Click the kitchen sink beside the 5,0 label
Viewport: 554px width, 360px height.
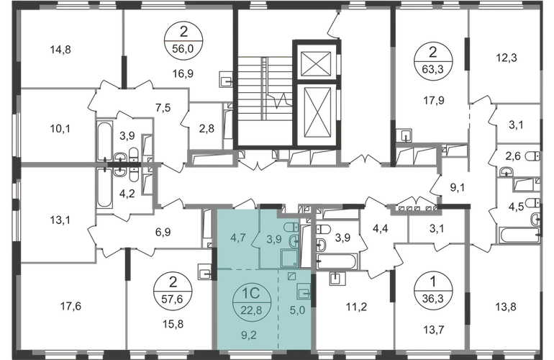pos(304,293)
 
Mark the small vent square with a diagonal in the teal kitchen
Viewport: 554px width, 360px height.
pos(291,276)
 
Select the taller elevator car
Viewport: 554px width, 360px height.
pos(314,108)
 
